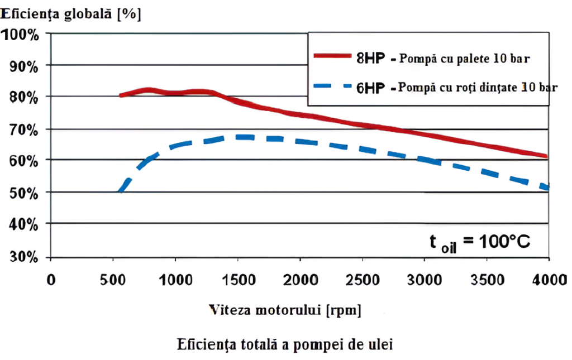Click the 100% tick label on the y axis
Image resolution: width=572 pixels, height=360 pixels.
pos(21,35)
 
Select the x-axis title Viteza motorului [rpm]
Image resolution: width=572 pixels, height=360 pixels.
pos(285,310)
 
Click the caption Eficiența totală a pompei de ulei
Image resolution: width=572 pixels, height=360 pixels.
pos(285,344)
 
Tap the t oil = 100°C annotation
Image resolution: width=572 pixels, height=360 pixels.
pos(479,242)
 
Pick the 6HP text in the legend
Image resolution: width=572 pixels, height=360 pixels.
pos(369,88)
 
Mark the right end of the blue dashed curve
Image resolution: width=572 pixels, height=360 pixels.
pos(548,188)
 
